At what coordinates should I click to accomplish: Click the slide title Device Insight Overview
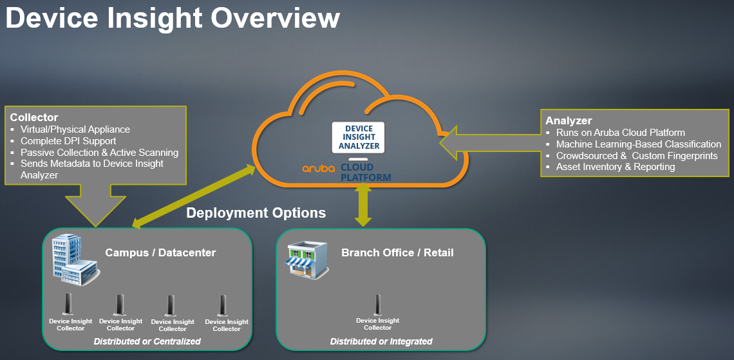pos(173,19)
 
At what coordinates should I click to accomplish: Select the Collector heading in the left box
pos(34,117)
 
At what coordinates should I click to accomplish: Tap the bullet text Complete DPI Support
pos(68,141)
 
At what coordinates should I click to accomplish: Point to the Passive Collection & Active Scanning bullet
pos(99,153)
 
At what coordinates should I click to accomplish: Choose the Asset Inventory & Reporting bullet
pos(615,167)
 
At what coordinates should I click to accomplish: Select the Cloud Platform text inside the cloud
pos(366,173)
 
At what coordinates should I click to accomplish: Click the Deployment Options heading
pos(256,213)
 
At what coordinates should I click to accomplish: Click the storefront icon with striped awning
pos(308,259)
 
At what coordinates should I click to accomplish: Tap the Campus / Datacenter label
pos(160,253)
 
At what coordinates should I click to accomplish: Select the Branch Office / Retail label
pos(397,253)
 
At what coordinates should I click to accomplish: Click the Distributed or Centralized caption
pos(147,341)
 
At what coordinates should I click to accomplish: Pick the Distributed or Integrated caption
pos(381,341)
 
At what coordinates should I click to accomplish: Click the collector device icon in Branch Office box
pos(377,305)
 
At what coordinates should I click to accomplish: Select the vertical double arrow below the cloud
pos(362,205)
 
